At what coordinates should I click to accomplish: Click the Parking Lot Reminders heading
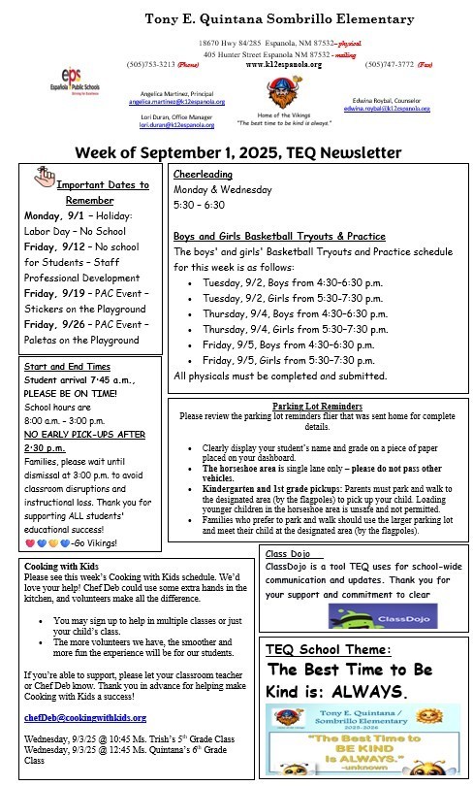pos(317,406)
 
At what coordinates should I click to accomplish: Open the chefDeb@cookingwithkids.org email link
pos(85,717)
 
